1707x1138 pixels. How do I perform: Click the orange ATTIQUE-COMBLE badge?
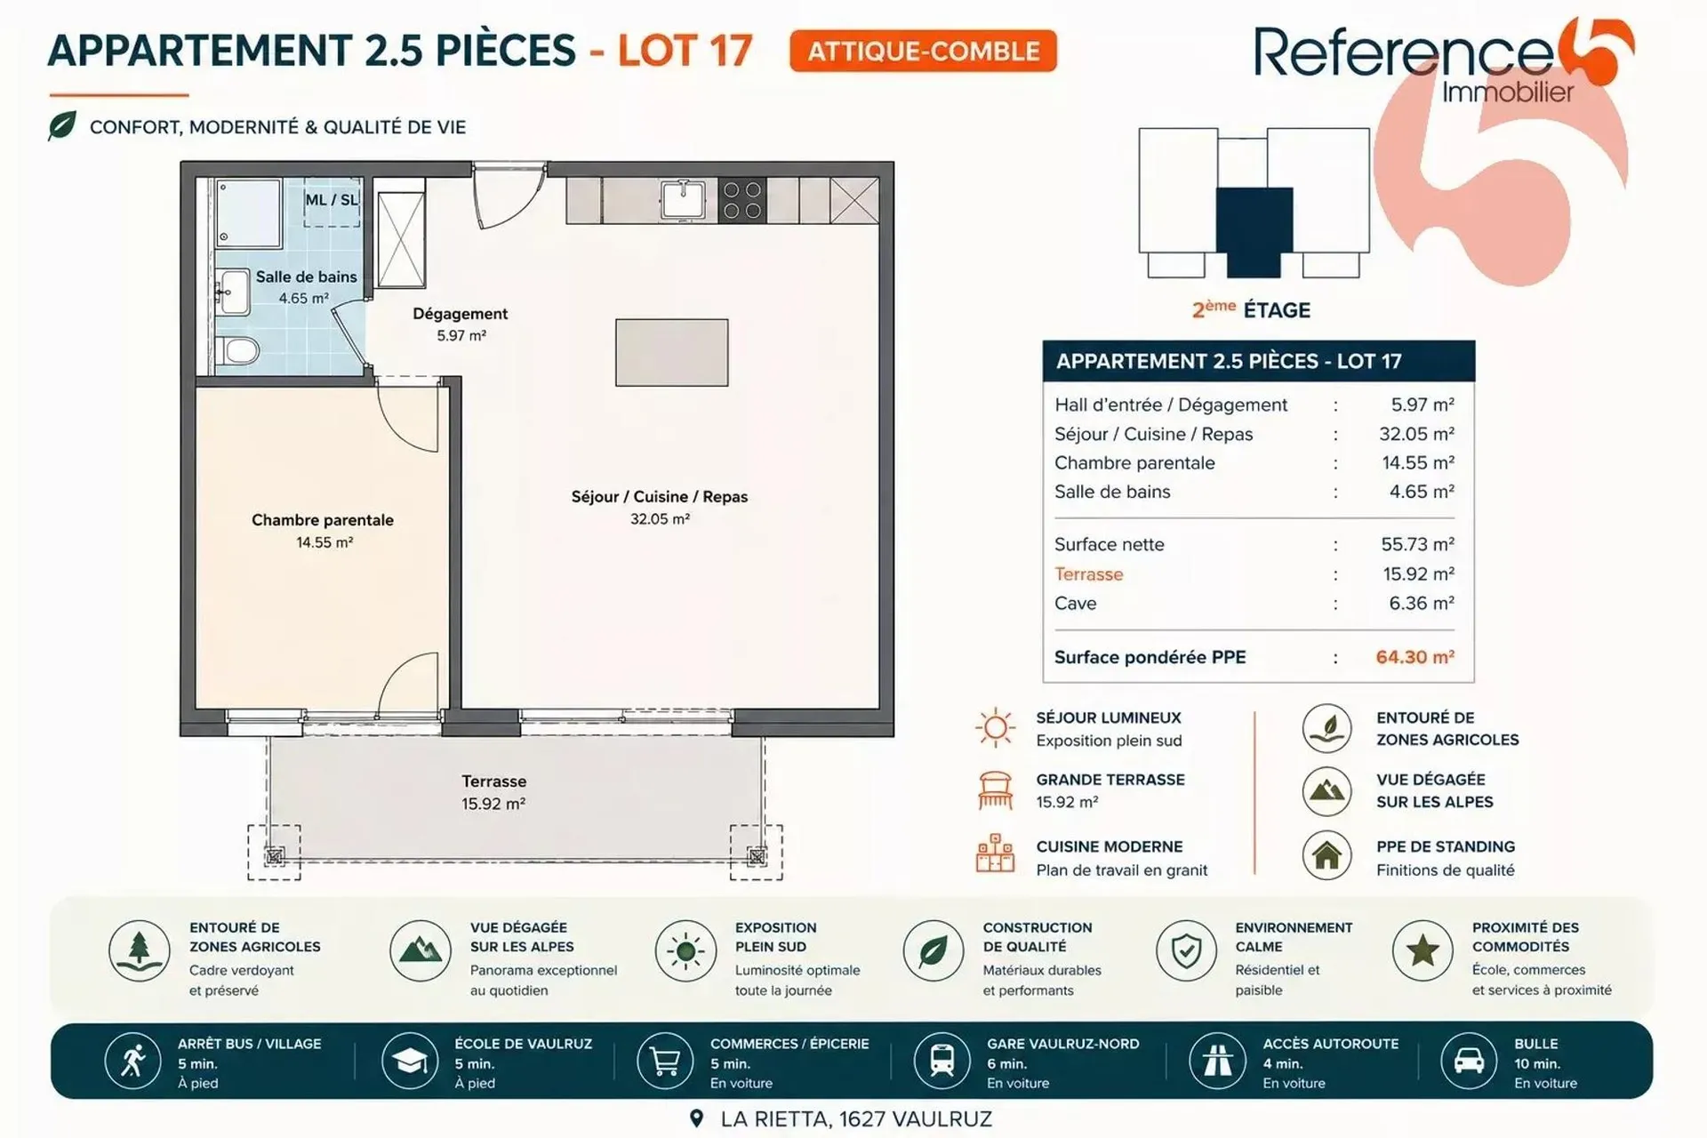tap(923, 51)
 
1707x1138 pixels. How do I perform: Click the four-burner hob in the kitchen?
tap(741, 200)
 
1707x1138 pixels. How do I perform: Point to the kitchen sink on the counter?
tap(683, 199)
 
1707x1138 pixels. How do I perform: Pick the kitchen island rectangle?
tap(671, 352)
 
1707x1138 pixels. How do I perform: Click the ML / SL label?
tap(332, 200)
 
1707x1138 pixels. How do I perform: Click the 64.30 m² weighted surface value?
tap(1414, 657)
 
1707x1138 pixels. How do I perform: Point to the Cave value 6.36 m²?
tap(1422, 603)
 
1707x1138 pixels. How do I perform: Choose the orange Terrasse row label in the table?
tap(1088, 574)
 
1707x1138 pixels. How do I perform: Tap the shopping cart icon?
tap(665, 1061)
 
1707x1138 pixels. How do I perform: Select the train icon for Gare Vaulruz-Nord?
tap(942, 1061)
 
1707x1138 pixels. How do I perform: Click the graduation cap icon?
tap(409, 1061)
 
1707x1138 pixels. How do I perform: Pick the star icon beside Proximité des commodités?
tap(1422, 950)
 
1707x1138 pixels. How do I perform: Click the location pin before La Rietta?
tap(697, 1118)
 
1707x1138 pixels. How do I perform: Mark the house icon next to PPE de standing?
tap(1327, 855)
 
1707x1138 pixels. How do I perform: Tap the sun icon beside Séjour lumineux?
tap(995, 728)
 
